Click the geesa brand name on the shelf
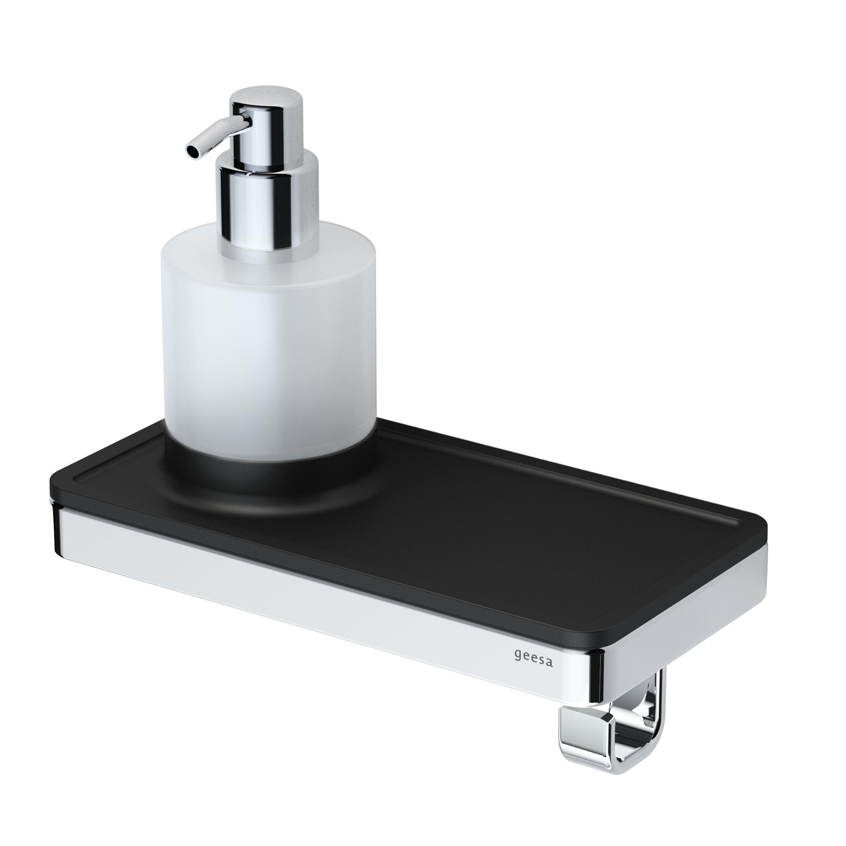click(533, 658)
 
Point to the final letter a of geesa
click(549, 663)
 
